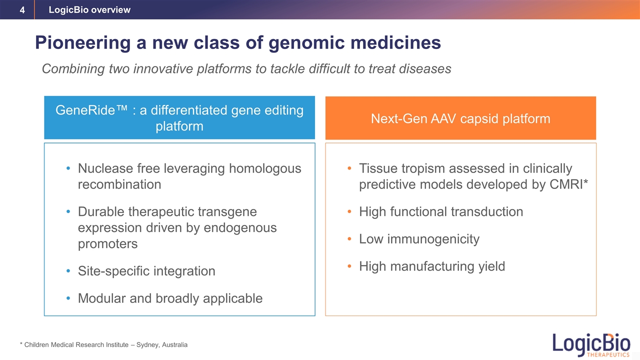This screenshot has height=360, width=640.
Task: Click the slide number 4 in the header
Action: (22, 10)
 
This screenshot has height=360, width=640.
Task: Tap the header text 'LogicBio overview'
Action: (89, 9)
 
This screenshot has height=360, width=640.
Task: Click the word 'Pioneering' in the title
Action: (83, 43)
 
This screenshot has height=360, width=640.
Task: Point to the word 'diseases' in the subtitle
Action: (425, 68)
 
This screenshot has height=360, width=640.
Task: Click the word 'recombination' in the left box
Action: (119, 184)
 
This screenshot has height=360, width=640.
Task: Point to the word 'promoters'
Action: (107, 244)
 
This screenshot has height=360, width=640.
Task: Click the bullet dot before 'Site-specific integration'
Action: (68, 271)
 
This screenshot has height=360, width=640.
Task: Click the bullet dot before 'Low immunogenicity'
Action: (349, 239)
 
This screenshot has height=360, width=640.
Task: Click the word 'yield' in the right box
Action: (491, 266)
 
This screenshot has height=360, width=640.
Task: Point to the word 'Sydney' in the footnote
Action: (148, 345)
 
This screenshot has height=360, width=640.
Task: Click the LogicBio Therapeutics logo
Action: (591, 345)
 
